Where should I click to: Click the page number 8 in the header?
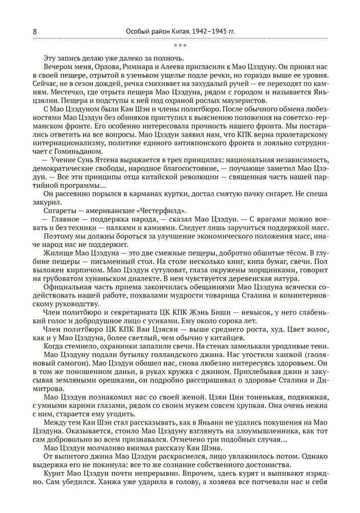click(34, 32)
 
